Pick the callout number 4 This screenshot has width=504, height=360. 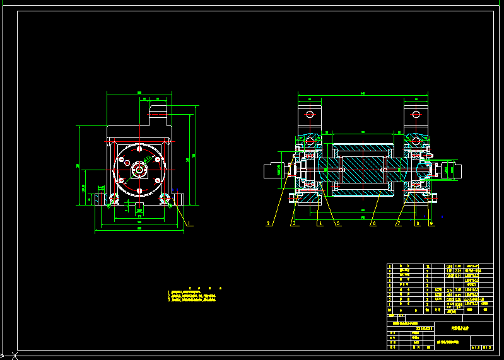[x=320, y=223]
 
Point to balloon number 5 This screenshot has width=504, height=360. [x=338, y=223]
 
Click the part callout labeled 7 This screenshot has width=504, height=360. [x=398, y=223]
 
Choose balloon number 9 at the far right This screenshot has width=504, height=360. [x=431, y=223]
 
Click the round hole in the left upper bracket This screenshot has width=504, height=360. [x=309, y=115]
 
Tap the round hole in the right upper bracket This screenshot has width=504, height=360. [x=416, y=115]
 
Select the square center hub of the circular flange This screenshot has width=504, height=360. [x=138, y=169]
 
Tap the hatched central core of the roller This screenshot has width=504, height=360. [x=362, y=170]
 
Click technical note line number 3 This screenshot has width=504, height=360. [x=192, y=300]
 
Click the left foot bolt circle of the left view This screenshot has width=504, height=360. [x=114, y=198]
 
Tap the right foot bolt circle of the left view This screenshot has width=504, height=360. [x=165, y=198]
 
